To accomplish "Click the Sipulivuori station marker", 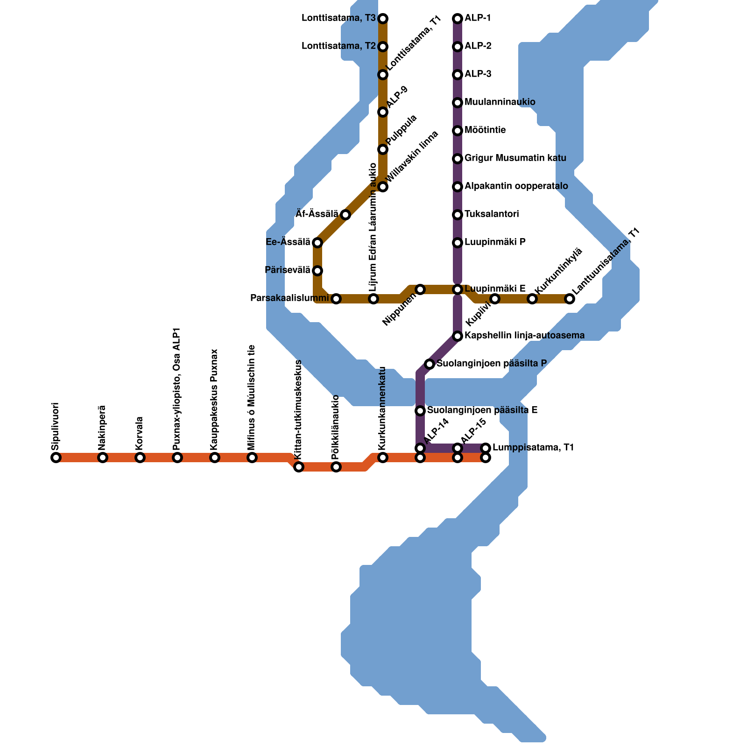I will (x=56, y=458).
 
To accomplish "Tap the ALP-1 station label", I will (x=478, y=18).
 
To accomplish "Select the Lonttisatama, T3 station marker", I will (x=383, y=19).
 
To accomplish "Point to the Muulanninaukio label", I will (x=500, y=102).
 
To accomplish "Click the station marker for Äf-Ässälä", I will (x=345, y=215).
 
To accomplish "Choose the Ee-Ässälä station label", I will (x=288, y=242).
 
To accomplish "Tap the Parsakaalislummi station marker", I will (x=336, y=299).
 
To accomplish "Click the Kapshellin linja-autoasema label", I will (x=524, y=336).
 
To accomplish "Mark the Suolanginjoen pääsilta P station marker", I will (x=430, y=364).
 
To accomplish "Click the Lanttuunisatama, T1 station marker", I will (x=570, y=299).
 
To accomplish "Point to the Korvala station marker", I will (x=140, y=458).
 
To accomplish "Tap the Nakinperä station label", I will (x=103, y=428).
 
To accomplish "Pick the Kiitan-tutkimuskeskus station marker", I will (x=299, y=467).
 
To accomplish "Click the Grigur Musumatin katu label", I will (x=515, y=158).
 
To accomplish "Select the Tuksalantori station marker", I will (x=458, y=215).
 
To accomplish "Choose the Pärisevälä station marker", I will (x=317, y=271).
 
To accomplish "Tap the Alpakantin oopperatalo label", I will (x=516, y=186).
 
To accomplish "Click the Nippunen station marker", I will (x=420, y=289).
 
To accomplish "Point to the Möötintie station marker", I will (x=458, y=131).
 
